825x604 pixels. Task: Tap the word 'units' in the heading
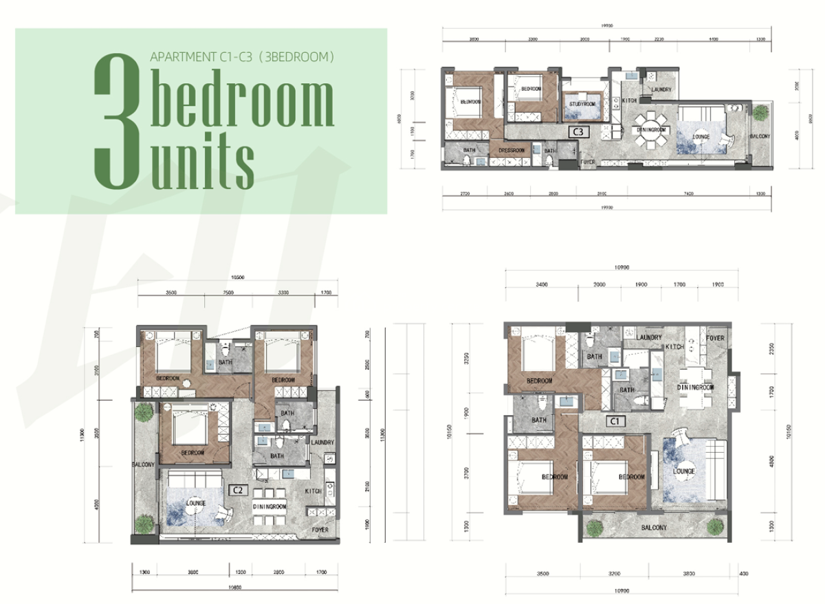click(x=202, y=165)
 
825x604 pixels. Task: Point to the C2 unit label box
click(x=239, y=489)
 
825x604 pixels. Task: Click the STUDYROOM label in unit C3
click(x=583, y=104)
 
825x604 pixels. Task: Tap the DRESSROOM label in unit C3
click(x=511, y=150)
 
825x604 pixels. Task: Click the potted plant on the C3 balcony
click(x=759, y=113)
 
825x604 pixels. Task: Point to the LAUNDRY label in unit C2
click(x=322, y=443)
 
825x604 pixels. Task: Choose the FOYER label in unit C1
click(x=715, y=338)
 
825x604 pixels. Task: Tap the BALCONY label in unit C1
click(x=654, y=528)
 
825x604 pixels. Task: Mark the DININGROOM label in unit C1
click(x=696, y=388)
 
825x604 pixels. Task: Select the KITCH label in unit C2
click(x=313, y=491)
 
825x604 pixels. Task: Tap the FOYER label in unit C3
click(x=587, y=162)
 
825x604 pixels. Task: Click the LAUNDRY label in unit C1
click(x=649, y=337)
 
